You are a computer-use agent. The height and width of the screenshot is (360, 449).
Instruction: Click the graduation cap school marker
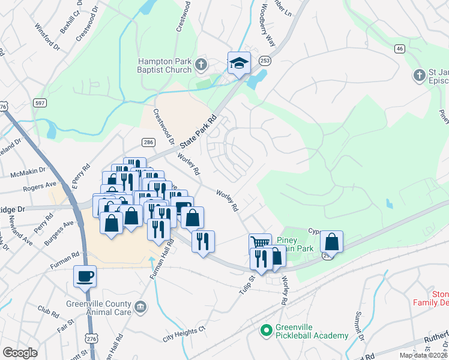[x=239, y=63]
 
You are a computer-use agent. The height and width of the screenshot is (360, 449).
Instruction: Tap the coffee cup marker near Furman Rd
[x=85, y=276]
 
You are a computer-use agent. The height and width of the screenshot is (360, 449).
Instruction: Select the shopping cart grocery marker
[x=259, y=243]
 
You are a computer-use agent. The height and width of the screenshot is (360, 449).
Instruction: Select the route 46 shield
[x=399, y=48]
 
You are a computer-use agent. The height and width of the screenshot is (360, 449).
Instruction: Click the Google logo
[x=20, y=353]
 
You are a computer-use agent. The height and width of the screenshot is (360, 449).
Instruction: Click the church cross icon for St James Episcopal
[x=419, y=75]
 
